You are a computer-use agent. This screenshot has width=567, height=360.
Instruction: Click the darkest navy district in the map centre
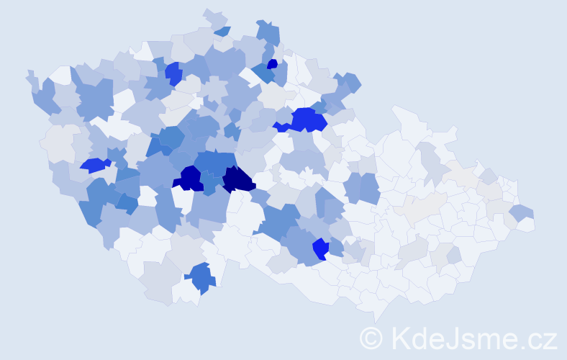click(238, 179)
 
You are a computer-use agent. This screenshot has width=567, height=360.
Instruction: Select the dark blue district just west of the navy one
click(191, 178)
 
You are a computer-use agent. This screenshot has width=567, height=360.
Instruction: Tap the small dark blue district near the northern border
click(272, 64)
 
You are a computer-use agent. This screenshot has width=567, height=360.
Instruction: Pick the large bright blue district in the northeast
click(307, 120)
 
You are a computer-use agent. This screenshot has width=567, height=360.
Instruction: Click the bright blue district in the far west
click(94, 166)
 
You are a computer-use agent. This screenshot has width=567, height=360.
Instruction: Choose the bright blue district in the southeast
click(320, 249)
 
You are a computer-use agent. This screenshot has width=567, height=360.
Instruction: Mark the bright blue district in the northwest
click(173, 73)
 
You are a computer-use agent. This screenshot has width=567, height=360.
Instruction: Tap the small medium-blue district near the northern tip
click(223, 31)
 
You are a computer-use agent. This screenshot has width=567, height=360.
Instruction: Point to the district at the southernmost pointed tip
click(375, 312)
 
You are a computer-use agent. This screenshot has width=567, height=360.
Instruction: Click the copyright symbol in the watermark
click(371, 338)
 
